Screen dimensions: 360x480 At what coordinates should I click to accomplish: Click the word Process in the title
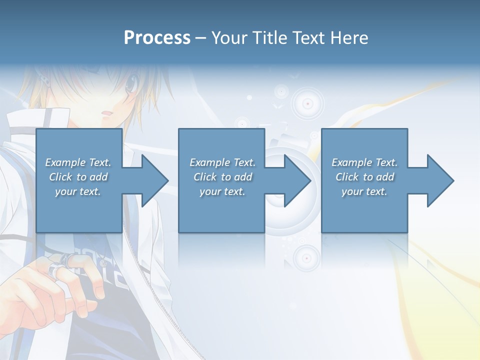click(157, 38)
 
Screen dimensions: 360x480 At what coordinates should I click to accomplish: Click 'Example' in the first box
click(65, 162)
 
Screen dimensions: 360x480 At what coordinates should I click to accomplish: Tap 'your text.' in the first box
click(78, 191)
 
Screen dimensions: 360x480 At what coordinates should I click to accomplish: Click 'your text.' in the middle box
click(222, 191)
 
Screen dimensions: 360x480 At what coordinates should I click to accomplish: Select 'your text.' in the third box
click(364, 191)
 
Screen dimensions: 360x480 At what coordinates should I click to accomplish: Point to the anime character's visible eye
click(131, 85)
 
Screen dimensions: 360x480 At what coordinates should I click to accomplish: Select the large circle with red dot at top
click(307, 103)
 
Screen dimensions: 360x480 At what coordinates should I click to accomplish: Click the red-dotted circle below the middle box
click(306, 258)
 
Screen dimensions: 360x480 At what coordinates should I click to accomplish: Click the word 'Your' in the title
click(229, 38)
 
